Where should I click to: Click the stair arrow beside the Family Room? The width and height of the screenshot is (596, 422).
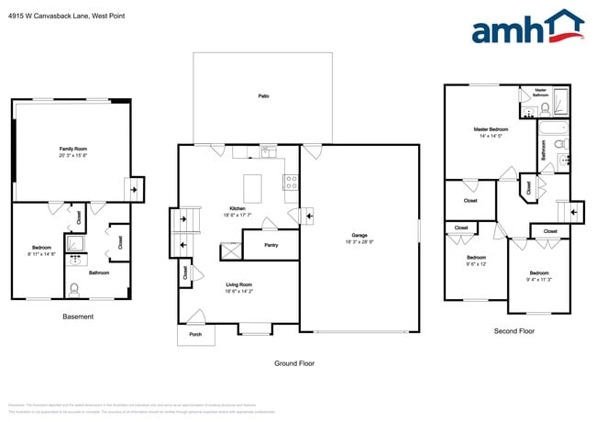point(136,191)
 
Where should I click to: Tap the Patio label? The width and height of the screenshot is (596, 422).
point(262,95)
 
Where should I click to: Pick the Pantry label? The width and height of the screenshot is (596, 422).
point(270,245)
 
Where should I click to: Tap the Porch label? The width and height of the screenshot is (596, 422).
point(194,333)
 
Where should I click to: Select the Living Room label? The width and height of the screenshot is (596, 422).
point(238,285)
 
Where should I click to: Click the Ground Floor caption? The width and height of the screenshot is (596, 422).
point(294,363)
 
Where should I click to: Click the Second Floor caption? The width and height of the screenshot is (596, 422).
point(513,330)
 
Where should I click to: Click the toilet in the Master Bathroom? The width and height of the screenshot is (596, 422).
point(545,108)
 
